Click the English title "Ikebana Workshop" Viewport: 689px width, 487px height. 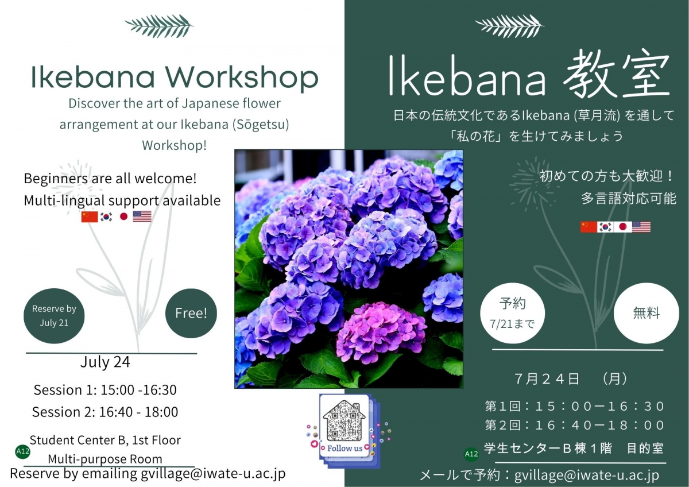tap(175, 79)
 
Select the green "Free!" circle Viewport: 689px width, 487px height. tap(191, 314)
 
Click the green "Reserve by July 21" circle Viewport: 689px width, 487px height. tap(54, 316)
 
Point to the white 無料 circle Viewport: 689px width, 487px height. tap(647, 314)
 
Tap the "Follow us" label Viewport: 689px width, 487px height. tap(344, 448)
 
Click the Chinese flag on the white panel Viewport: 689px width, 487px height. tap(90, 217)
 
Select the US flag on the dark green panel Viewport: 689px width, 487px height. tap(641, 227)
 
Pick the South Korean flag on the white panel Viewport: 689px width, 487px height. tap(106, 217)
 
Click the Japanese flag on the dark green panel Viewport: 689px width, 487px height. tap(623, 227)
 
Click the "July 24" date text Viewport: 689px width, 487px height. tap(105, 362)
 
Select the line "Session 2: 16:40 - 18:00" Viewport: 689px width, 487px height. tap(105, 412)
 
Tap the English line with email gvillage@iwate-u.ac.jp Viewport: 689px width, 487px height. tap(148, 474)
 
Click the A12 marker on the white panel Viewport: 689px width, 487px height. tap(22, 452)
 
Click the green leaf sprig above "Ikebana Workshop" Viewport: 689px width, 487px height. tap(159, 26)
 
